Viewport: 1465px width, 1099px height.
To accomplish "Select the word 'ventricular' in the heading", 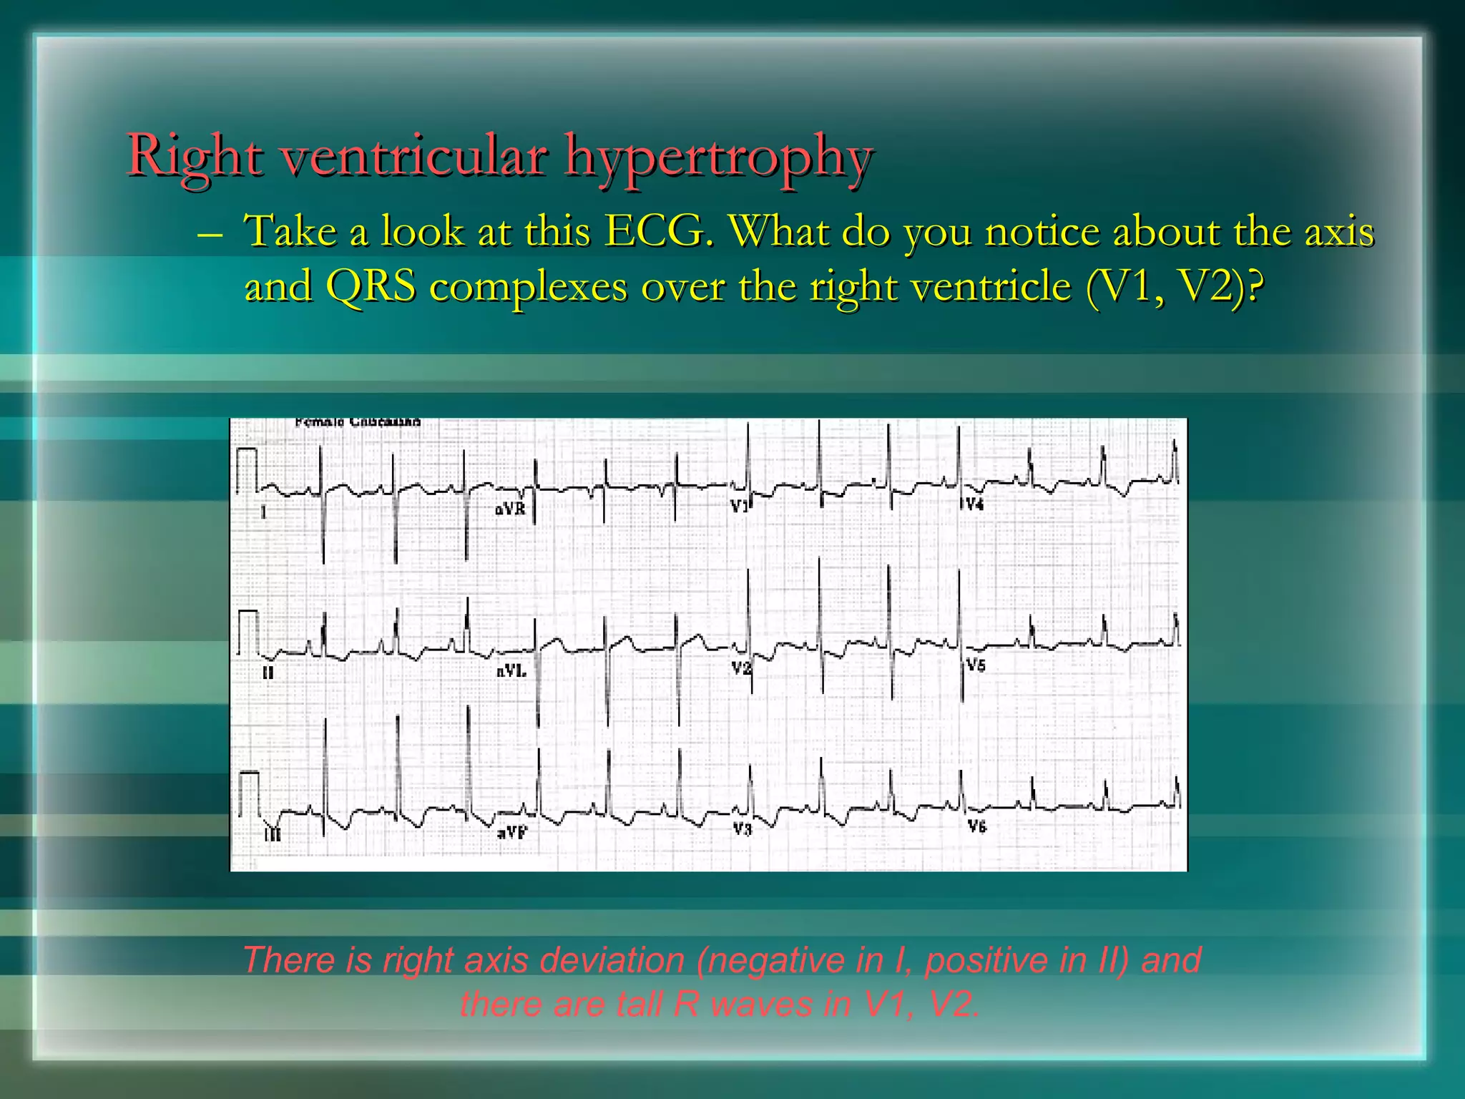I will tap(414, 156).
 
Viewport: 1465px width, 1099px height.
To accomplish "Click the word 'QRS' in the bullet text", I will tap(370, 287).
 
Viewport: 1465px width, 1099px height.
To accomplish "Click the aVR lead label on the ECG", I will tap(510, 509).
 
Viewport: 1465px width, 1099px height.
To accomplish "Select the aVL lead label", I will tap(511, 671).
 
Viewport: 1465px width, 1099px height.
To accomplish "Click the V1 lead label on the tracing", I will tap(739, 506).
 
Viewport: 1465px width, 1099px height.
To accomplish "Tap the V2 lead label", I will tap(741, 668).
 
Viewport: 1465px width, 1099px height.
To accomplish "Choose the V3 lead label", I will tap(742, 829).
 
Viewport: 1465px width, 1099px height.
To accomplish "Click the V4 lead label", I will tap(974, 504).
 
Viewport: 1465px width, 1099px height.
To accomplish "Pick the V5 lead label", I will tap(976, 665).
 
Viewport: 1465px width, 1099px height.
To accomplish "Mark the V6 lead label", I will tap(976, 826).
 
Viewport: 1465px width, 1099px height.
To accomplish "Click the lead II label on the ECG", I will tap(268, 673).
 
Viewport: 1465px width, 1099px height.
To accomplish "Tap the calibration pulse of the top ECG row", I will tap(247, 470).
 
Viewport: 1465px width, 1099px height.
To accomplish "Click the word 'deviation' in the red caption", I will tap(613, 960).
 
